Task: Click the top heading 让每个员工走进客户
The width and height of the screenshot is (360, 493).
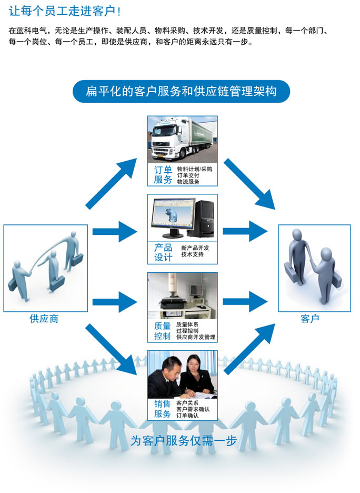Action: point(64,11)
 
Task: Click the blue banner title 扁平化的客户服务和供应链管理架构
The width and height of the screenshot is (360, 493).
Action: point(181,92)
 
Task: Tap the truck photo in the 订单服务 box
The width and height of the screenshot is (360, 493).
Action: point(182,139)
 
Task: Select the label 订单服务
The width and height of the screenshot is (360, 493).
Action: point(163,175)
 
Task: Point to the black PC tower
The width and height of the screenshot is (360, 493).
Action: point(205,215)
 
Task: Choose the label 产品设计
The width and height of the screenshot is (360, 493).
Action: point(163,252)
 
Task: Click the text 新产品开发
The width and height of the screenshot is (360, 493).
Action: point(195,248)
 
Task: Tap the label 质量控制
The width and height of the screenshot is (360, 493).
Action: point(163,330)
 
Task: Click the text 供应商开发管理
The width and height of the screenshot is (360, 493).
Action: point(196,337)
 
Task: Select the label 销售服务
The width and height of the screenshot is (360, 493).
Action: point(163,408)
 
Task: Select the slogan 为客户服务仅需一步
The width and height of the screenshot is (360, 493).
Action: point(183,441)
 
